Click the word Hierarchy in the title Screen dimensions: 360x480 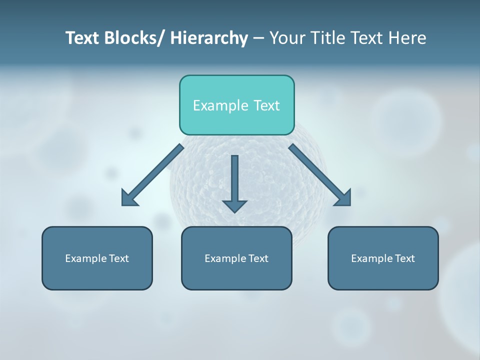pos(209,38)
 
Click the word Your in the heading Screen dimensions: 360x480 pos(285,38)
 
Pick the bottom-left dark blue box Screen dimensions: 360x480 pos(97,258)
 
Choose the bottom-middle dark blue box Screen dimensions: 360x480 pos(236,258)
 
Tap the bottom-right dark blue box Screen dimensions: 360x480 pos(383,258)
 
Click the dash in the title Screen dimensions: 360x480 pos(258,38)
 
